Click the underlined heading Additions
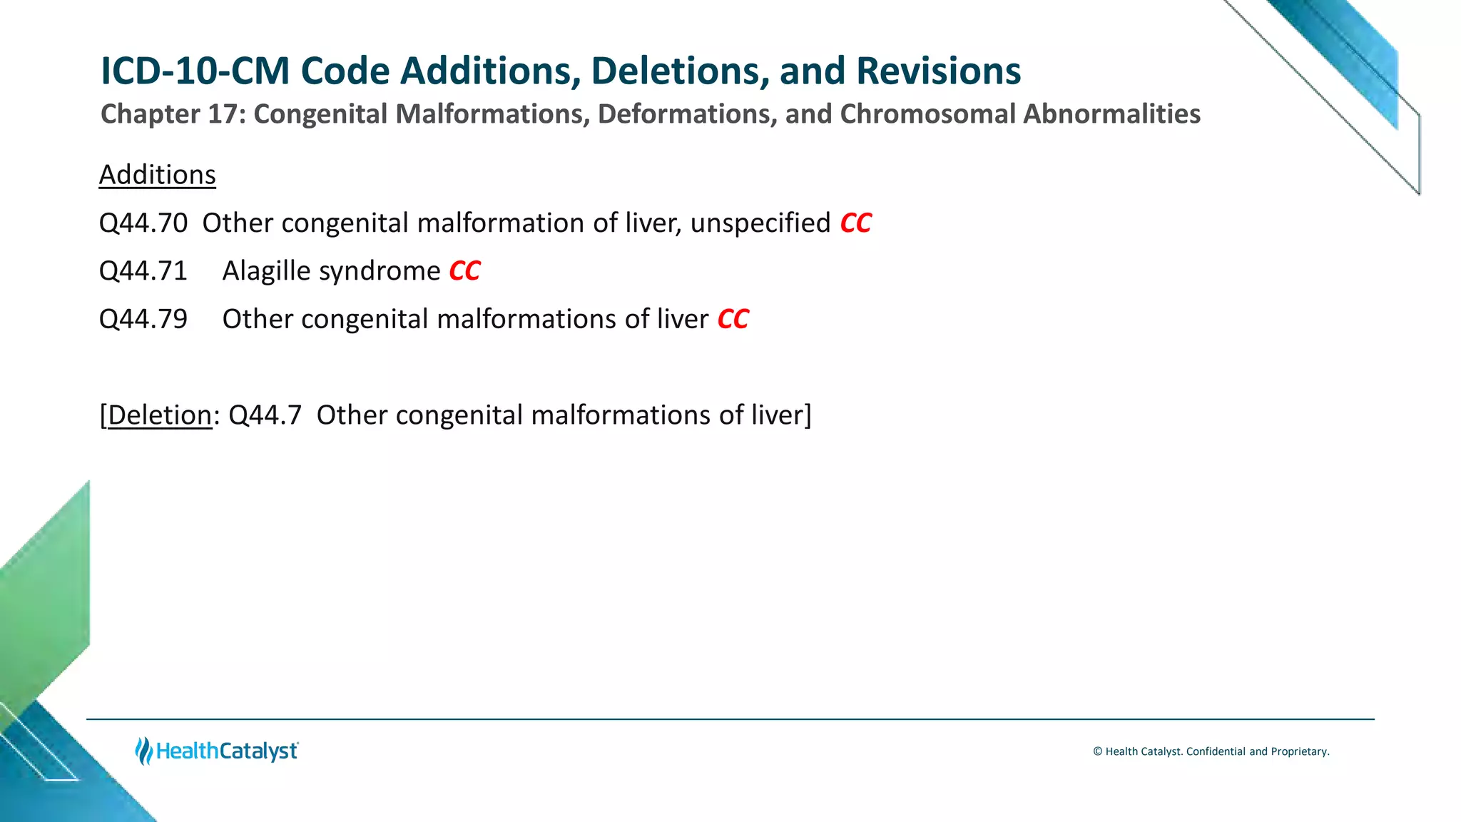coord(157,175)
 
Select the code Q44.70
coord(143,223)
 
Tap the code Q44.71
coord(143,271)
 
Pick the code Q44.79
coord(143,319)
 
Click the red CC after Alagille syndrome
coord(464,271)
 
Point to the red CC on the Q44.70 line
coord(855,223)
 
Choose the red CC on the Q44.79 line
coord(733,319)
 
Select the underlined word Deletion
coord(159,415)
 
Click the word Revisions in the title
coord(938,71)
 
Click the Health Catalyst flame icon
coord(143,751)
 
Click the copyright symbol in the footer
coord(1098,751)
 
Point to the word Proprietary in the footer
coord(1299,751)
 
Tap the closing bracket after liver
coord(808,415)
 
